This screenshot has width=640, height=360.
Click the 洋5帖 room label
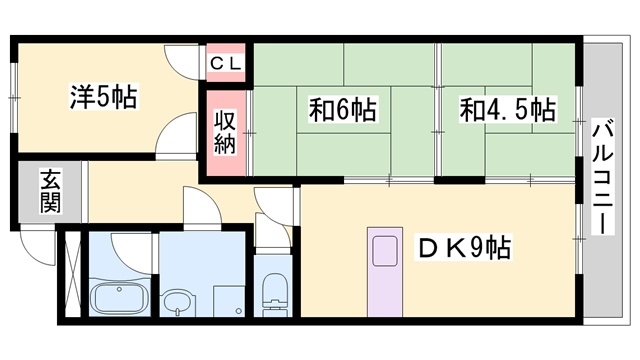click(x=103, y=97)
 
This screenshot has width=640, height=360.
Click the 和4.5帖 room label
click(x=506, y=108)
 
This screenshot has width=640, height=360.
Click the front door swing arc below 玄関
click(x=40, y=246)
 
